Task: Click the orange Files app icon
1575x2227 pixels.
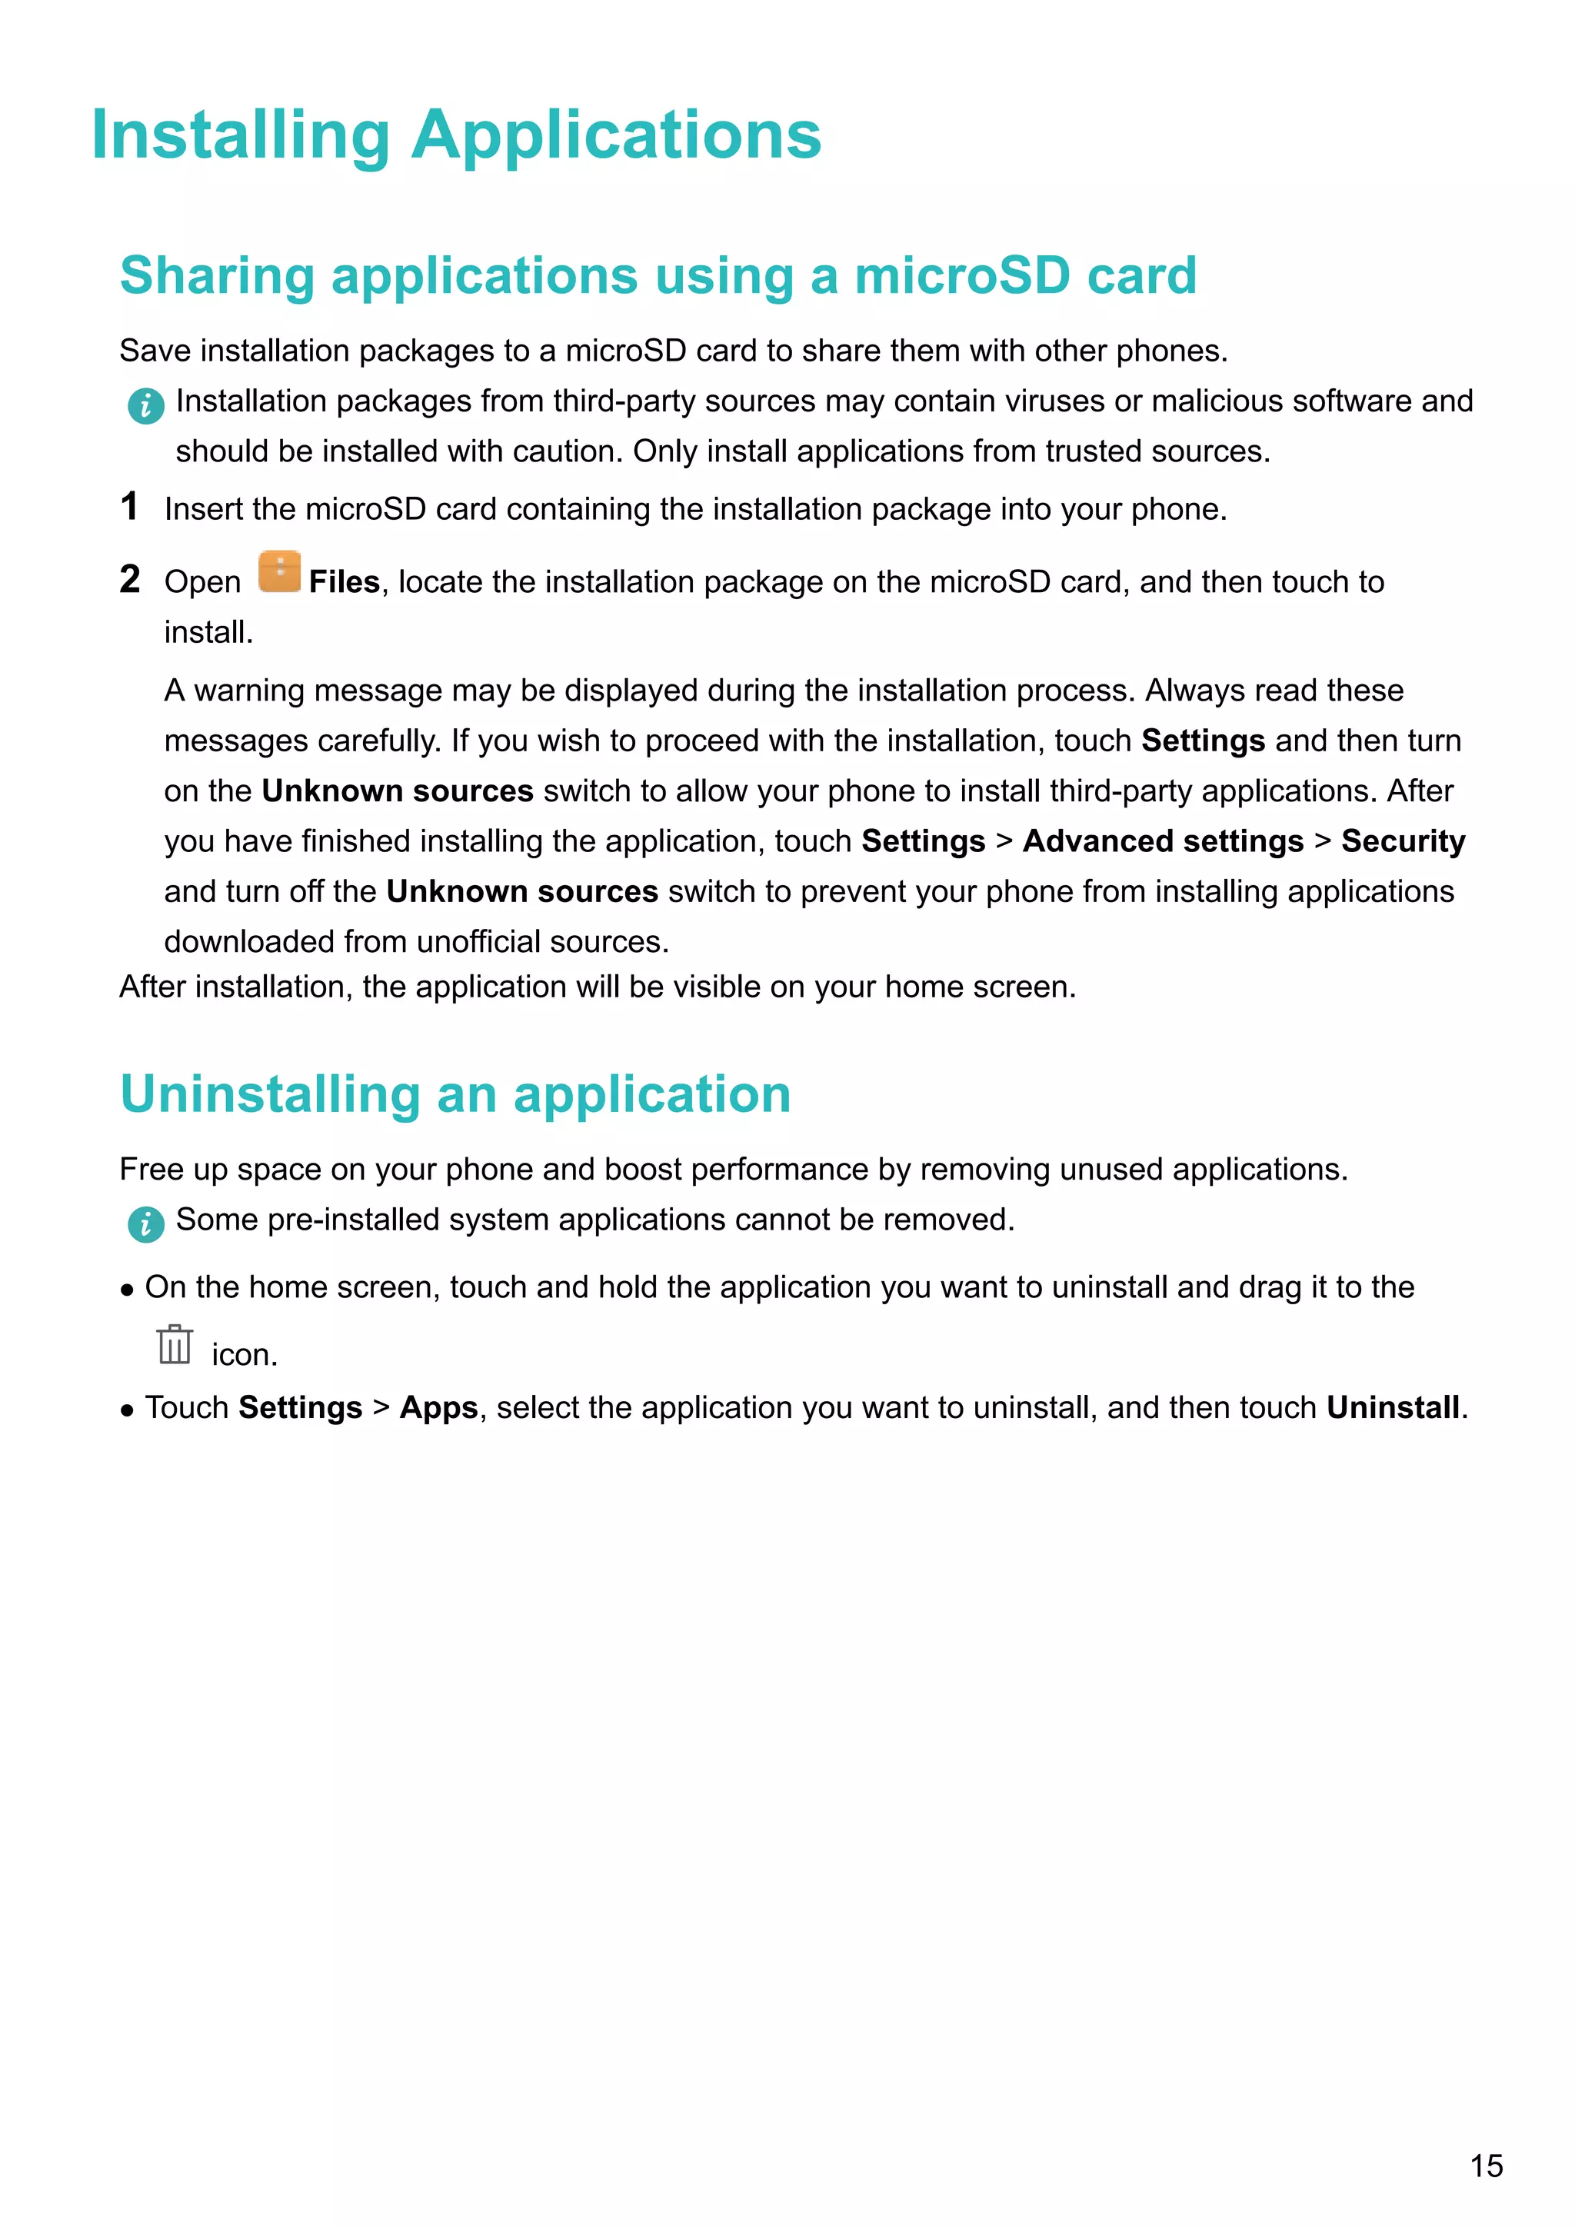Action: coord(279,572)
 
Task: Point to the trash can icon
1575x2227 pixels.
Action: coord(175,1344)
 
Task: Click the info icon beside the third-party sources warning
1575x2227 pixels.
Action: coord(145,405)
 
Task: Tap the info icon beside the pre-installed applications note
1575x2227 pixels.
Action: coord(145,1224)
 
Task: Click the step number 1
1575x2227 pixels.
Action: coord(129,506)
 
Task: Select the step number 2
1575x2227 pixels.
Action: coord(130,579)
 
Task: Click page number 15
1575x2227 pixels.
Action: coord(1486,2165)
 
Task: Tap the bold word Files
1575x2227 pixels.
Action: coord(343,582)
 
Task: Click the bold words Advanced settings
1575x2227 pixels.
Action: coord(1163,841)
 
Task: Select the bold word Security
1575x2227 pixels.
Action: coord(1403,841)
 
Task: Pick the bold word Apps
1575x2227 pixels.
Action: coord(438,1407)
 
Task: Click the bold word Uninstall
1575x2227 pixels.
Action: coord(1393,1407)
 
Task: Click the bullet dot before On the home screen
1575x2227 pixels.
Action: coord(127,1290)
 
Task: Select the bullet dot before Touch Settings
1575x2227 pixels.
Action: coord(127,1410)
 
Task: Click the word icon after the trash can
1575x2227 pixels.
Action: coord(244,1354)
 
